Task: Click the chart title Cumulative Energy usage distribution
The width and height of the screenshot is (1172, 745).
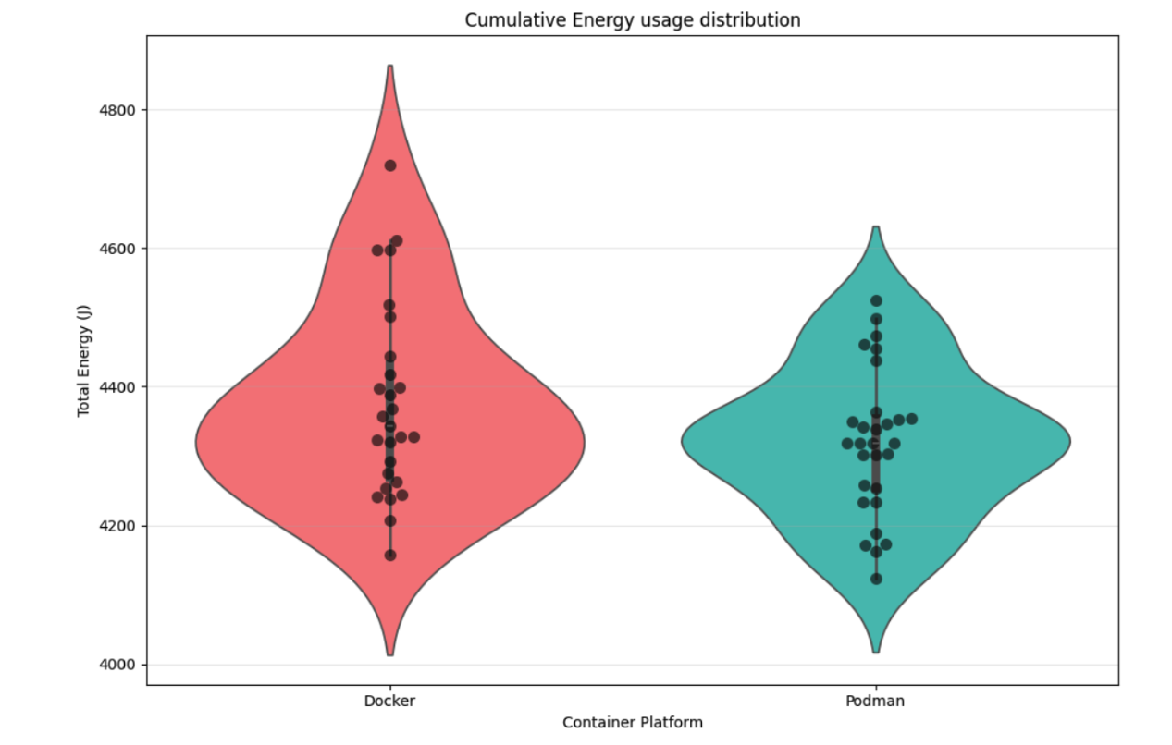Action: point(632,19)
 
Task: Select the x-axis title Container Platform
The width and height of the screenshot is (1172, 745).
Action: point(632,722)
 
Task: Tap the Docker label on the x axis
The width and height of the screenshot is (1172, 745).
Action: point(389,701)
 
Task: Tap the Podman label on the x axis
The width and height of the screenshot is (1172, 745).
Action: point(875,701)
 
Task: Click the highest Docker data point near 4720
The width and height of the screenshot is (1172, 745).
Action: point(390,165)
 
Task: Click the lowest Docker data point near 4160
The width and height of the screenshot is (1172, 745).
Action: point(390,555)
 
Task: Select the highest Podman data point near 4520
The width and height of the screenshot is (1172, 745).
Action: point(876,300)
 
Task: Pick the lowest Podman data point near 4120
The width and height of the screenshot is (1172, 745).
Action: point(876,579)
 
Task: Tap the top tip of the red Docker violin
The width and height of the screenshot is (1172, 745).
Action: point(390,67)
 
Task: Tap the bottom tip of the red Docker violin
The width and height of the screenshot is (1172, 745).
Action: point(390,654)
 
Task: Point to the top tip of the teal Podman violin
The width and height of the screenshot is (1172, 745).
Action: point(876,227)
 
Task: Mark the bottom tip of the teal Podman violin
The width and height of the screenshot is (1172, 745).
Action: point(876,652)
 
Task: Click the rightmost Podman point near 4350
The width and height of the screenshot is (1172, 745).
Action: point(911,419)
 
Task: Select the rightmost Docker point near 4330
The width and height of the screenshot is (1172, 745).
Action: point(413,436)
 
